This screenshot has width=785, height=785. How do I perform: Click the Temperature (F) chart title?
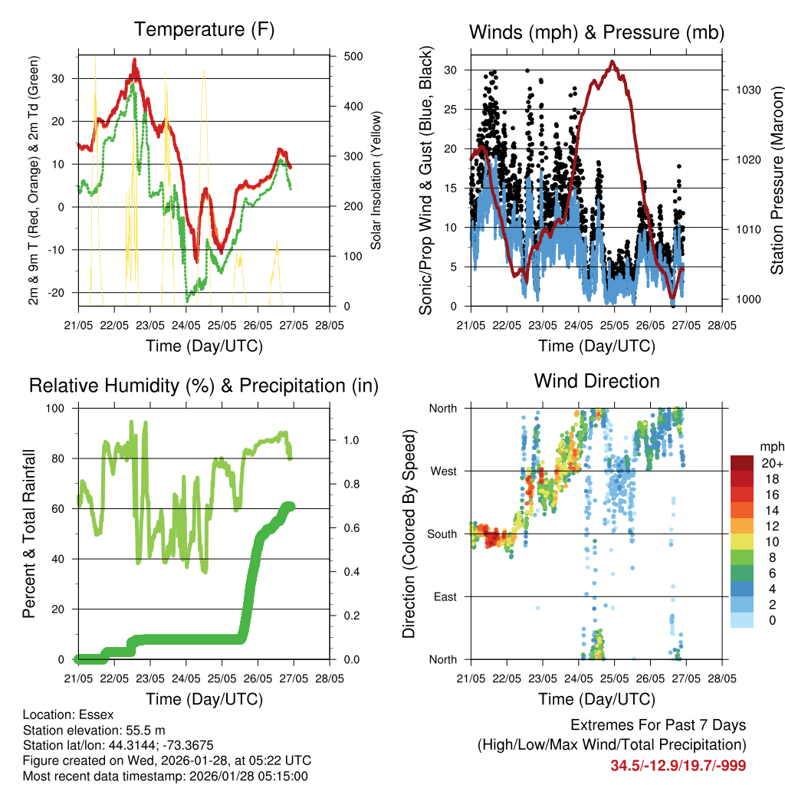[204, 30]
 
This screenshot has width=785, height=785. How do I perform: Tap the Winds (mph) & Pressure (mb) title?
[596, 32]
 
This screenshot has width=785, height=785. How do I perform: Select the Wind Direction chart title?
[596, 381]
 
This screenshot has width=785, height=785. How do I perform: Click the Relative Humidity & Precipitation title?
[204, 385]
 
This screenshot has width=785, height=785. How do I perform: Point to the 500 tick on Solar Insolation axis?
[353, 57]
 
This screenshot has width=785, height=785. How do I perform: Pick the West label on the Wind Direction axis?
[443, 471]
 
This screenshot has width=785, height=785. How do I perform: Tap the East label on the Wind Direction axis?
[445, 596]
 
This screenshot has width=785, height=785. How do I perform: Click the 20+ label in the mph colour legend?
[771, 463]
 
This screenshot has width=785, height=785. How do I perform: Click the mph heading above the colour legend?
[771, 446]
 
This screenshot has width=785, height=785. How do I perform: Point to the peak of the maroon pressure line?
[612, 61]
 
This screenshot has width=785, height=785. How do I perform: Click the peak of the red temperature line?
[134, 59]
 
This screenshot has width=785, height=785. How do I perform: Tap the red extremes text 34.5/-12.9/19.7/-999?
[678, 765]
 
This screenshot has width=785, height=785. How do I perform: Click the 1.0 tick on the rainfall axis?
[351, 440]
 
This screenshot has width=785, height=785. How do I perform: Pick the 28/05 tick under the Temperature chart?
[330, 325]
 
